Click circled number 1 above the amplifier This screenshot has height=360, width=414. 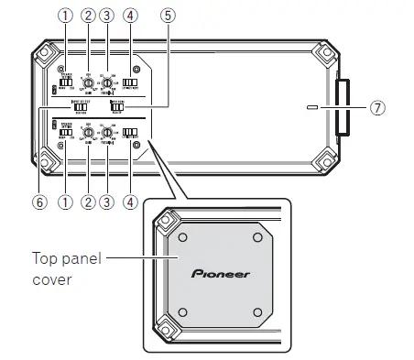click(64, 16)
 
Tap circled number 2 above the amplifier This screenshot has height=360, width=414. click(88, 16)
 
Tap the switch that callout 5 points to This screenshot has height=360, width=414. click(117, 106)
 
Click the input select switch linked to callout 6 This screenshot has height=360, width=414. click(81, 106)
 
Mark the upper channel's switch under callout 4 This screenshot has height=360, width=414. click(130, 84)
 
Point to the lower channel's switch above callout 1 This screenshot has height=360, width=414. click(64, 132)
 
